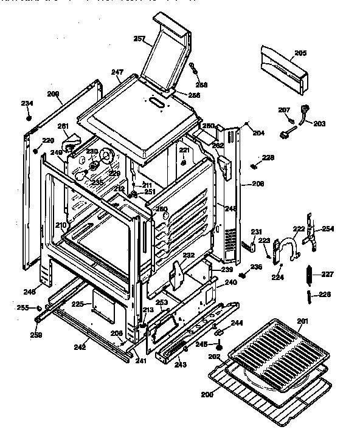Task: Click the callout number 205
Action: pos(300,53)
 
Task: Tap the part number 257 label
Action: pos(139,39)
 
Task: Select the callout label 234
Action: pos(27,103)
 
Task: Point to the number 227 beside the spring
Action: pos(328,274)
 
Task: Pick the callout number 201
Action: pos(302,321)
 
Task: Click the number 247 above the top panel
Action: pos(117,72)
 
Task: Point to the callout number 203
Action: pos(319,123)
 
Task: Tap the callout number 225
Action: pos(78,303)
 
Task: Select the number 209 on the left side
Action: pos(54,94)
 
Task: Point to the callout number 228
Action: pos(268,157)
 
